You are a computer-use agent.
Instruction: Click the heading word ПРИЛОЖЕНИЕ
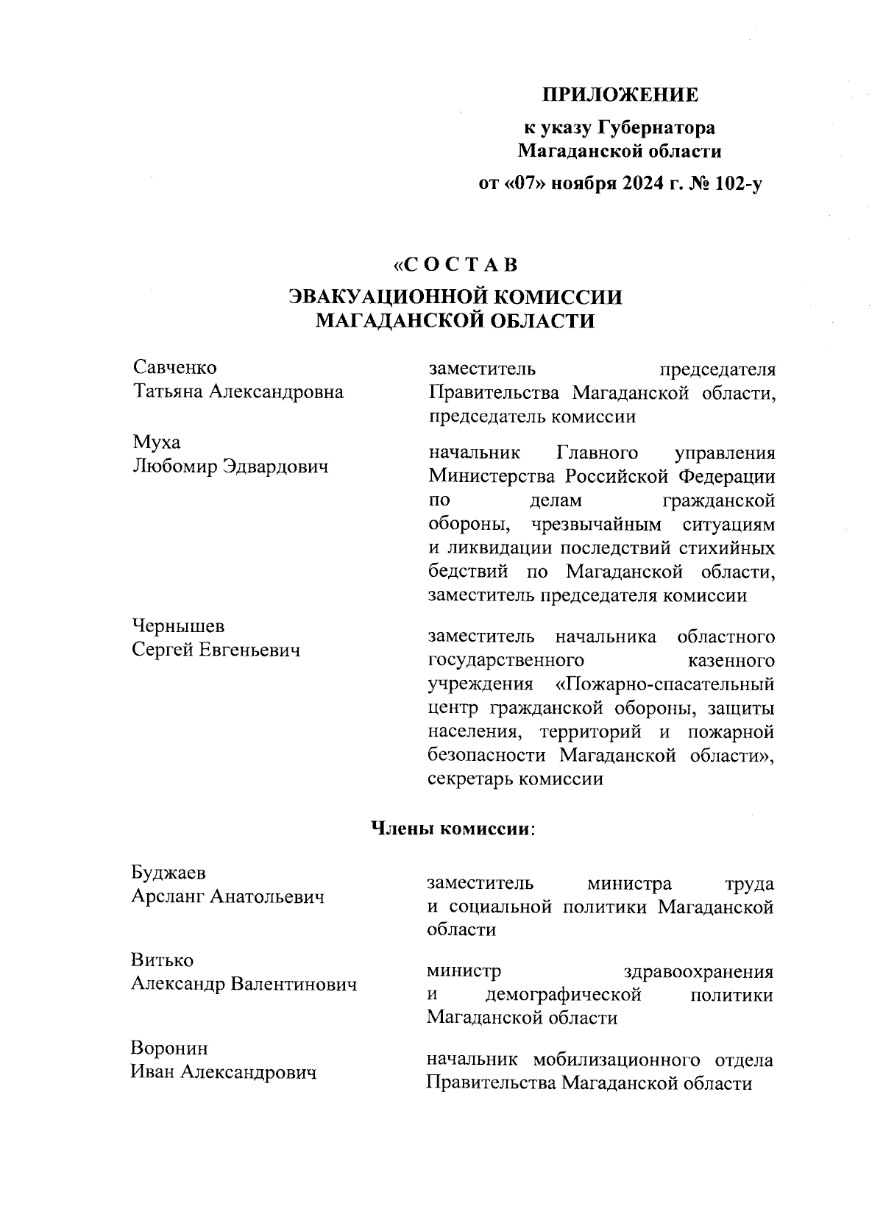(x=620, y=95)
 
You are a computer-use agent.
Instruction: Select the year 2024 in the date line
(x=630, y=184)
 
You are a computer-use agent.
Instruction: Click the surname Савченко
(x=175, y=366)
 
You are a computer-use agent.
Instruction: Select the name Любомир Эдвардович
(x=230, y=467)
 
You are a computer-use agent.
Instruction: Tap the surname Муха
(x=156, y=443)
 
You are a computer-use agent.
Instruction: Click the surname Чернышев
(x=178, y=626)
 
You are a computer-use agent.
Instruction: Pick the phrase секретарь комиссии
(x=515, y=779)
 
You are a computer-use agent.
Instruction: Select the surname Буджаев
(x=169, y=873)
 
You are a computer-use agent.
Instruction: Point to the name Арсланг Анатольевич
(x=227, y=897)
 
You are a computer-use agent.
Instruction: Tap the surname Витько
(x=162, y=960)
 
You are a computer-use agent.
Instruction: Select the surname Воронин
(x=169, y=1048)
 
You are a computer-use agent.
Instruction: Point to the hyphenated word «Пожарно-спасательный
(x=664, y=684)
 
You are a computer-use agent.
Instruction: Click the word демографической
(x=564, y=996)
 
